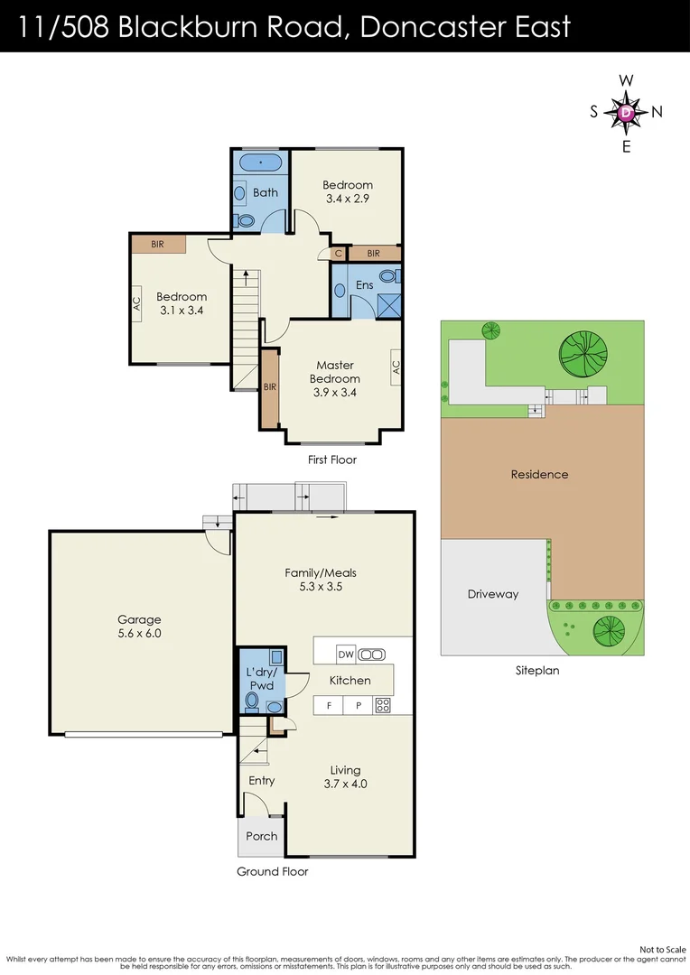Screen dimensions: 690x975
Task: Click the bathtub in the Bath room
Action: pos(261,162)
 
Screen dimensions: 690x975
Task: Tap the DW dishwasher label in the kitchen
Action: pos(345,654)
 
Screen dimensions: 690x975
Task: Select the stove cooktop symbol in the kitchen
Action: pos(382,705)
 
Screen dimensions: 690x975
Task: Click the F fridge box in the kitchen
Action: pos(329,705)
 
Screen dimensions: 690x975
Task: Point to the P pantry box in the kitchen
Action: pos(359,705)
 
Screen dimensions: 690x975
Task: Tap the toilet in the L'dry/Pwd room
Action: pos(252,701)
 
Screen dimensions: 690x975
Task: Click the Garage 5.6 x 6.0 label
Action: pos(139,627)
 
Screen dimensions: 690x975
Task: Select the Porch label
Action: pos(261,836)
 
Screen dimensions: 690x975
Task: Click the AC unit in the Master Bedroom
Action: pos(396,367)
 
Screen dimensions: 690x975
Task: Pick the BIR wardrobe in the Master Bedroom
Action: pos(269,388)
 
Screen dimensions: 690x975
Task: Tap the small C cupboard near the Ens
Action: pos(339,254)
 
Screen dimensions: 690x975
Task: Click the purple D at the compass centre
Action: pos(626,113)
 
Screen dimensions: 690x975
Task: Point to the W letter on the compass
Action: pos(626,80)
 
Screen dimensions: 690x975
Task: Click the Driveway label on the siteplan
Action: pos(493,594)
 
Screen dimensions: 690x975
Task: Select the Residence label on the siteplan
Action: pos(539,475)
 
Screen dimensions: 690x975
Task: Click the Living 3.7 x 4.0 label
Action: pos(345,776)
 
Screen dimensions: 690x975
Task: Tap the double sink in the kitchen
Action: pos(371,655)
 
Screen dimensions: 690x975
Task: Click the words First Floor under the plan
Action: pos(332,460)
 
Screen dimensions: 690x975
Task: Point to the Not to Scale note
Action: pos(663,950)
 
